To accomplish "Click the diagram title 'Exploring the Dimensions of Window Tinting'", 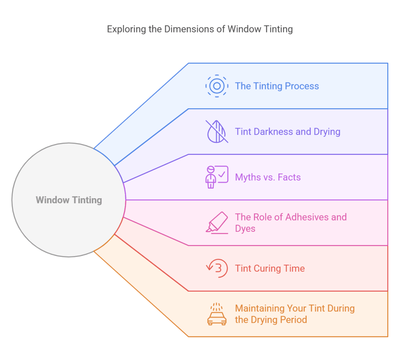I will [x=200, y=29].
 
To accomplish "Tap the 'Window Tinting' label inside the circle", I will [x=69, y=200].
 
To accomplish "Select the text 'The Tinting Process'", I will [x=277, y=86].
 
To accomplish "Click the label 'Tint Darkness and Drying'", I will [x=287, y=131].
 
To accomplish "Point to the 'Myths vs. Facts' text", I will [x=268, y=177].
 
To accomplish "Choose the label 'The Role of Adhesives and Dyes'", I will [x=291, y=222].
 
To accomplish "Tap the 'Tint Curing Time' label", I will [x=270, y=269].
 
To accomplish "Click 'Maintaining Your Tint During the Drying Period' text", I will [x=295, y=314].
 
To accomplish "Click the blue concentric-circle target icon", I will [x=217, y=86].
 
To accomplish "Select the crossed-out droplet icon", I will [x=217, y=131].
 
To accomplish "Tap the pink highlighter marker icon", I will [x=217, y=222].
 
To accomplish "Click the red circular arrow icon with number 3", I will [x=217, y=269].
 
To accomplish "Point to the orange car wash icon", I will [x=217, y=314].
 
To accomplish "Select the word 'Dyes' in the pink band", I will [x=245, y=228].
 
